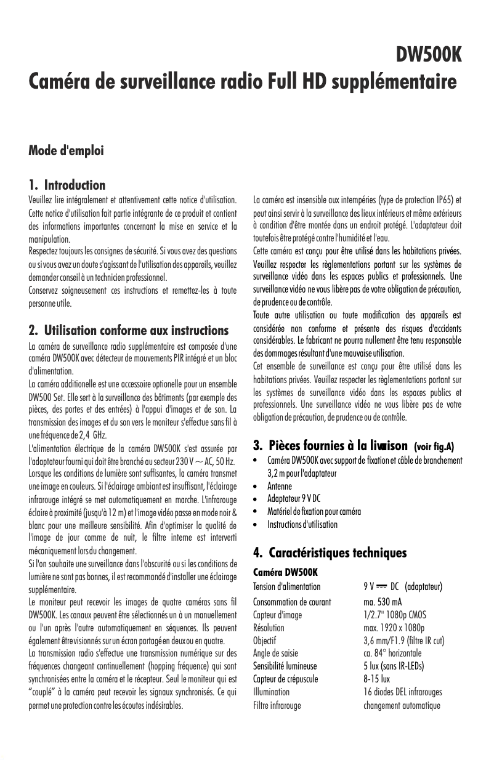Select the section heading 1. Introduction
67,185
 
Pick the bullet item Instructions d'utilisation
302,525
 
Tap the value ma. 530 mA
383,602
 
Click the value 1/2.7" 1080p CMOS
395,615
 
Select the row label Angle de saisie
276,653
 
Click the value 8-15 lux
377,679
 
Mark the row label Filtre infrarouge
277,705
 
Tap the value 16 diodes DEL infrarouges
403,692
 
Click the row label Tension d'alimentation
287,586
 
